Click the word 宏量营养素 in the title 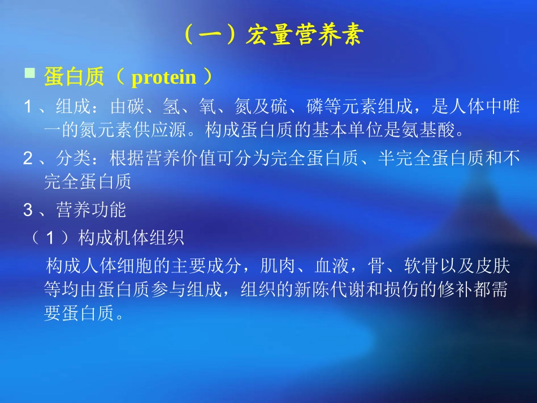click(x=304, y=35)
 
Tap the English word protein click(x=163, y=77)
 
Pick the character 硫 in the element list click(x=278, y=106)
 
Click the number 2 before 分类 click(x=28, y=159)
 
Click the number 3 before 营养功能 click(x=28, y=211)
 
